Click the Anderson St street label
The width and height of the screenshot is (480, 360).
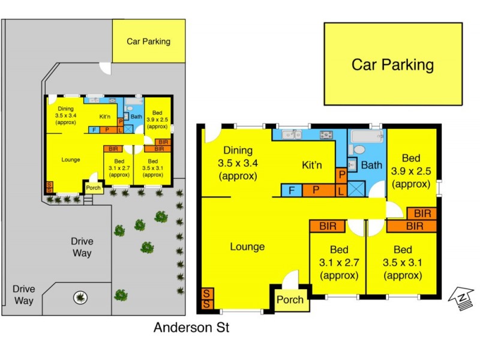click(191, 328)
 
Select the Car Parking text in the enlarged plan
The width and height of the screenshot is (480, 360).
click(392, 65)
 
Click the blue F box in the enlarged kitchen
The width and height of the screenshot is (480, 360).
click(291, 191)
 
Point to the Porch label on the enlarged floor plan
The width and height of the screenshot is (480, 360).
click(290, 301)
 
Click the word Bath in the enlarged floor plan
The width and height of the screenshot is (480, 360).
click(372, 165)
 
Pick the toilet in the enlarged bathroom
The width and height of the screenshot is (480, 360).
click(359, 148)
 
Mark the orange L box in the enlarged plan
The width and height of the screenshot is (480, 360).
click(341, 191)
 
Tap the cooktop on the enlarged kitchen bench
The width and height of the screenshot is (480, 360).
click(326, 135)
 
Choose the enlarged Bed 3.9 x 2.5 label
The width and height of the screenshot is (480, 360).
click(411, 171)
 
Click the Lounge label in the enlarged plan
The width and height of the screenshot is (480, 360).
click(247, 247)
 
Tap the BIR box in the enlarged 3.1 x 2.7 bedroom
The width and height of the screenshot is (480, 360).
click(327, 226)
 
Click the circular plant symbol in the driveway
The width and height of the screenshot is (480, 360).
click(79, 296)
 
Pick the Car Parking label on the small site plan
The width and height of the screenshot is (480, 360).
click(148, 41)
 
